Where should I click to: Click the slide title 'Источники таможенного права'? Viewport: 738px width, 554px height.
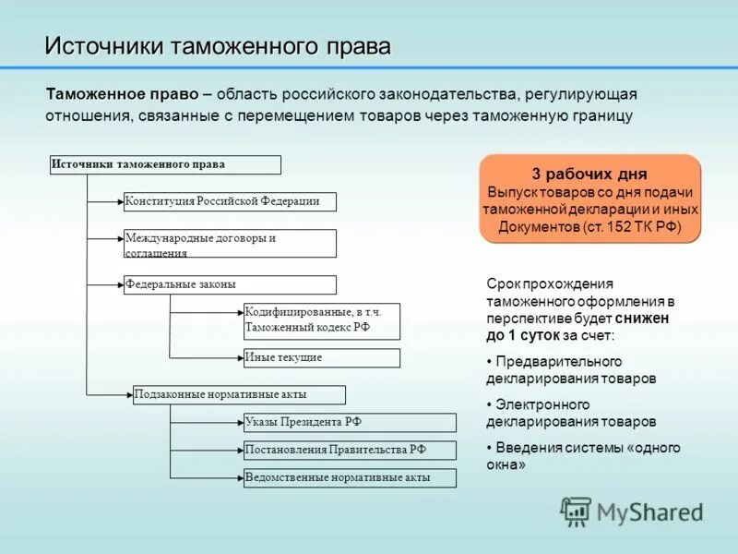[x=218, y=45]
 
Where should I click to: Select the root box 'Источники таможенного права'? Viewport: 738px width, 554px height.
[x=165, y=165]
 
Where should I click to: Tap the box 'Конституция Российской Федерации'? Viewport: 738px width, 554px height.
[x=230, y=201]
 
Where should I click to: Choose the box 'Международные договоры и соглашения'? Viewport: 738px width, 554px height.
[x=230, y=244]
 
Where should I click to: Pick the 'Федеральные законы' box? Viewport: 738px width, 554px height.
[x=230, y=284]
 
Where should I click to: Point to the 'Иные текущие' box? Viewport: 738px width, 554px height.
[x=321, y=358]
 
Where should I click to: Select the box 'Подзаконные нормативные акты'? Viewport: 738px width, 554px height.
[x=239, y=395]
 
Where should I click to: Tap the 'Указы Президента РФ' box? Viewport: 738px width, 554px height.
[x=350, y=423]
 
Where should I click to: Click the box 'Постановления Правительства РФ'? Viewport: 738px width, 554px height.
[x=350, y=451]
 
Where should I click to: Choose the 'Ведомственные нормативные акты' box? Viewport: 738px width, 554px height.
[x=350, y=478]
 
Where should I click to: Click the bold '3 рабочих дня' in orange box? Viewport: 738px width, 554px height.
[x=589, y=174]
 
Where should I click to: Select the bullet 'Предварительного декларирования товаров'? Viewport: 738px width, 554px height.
[x=572, y=369]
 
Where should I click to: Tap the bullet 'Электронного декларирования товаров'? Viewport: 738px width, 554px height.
[x=572, y=413]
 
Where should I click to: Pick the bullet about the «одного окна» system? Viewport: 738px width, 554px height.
[x=583, y=456]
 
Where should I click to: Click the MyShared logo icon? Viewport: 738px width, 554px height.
[x=577, y=512]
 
